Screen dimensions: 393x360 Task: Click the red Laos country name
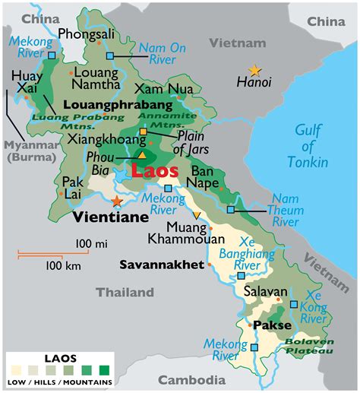click(x=154, y=170)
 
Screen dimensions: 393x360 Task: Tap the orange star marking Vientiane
click(x=116, y=201)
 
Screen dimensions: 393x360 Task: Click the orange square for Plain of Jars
click(x=143, y=132)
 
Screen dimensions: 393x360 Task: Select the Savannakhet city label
click(x=162, y=265)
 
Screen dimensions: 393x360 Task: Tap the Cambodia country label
click(x=191, y=379)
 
